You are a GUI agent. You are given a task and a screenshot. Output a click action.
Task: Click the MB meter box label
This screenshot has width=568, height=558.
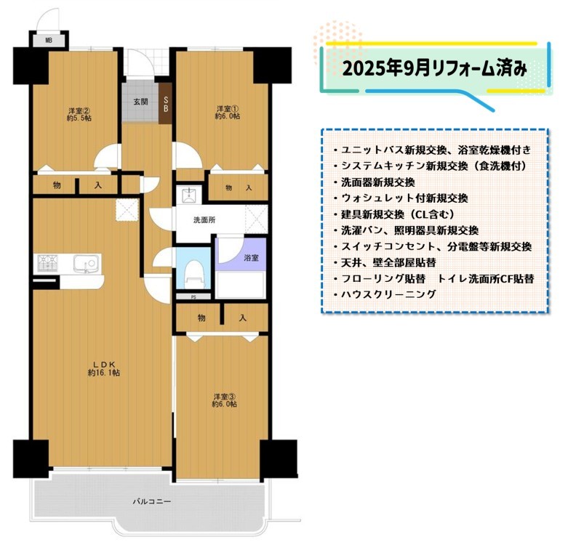point(49,41)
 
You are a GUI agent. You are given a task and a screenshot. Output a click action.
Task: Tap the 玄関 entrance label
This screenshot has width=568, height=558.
point(140,102)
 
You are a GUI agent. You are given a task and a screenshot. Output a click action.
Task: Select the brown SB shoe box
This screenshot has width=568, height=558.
point(166,103)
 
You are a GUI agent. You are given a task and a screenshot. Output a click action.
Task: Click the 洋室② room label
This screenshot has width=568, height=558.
point(79,110)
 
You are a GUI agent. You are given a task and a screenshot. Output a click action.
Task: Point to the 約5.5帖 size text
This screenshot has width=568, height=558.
point(79,118)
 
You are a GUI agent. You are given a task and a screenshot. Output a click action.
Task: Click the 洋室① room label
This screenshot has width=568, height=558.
point(228,108)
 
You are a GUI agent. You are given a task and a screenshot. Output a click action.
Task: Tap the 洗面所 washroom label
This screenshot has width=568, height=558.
point(204,219)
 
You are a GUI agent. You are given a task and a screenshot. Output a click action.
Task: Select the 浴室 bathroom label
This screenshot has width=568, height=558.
point(251,258)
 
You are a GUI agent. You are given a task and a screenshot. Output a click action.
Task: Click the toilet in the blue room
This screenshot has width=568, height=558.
point(193,275)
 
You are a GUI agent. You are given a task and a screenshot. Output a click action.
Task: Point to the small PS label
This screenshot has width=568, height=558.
point(193,297)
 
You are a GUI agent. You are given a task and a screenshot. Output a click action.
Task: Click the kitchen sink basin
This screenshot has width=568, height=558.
point(86,263)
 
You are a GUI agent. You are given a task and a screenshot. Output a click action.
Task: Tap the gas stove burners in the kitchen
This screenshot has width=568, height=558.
point(48,263)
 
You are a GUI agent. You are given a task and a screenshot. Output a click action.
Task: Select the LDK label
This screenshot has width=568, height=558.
point(104,365)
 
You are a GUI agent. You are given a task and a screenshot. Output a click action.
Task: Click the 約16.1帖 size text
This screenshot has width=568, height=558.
point(104,373)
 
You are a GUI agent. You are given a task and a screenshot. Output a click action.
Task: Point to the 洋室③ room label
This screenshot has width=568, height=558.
point(224,397)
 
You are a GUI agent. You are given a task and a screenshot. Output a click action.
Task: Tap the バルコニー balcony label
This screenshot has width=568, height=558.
point(151,501)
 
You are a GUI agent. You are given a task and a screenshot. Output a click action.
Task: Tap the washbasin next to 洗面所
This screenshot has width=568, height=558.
point(189,195)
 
